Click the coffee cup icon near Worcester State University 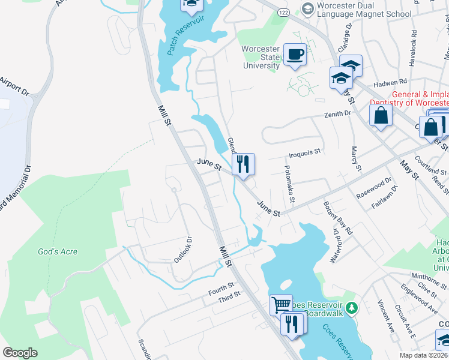pos(294,55)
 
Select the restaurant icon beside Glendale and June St pos(243,164)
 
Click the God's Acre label pos(58,252)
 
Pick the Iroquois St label pos(306,152)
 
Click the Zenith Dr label pos(337,113)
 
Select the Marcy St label pos(355,158)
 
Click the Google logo pos(20,353)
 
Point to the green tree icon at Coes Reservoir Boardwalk pos(352,308)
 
